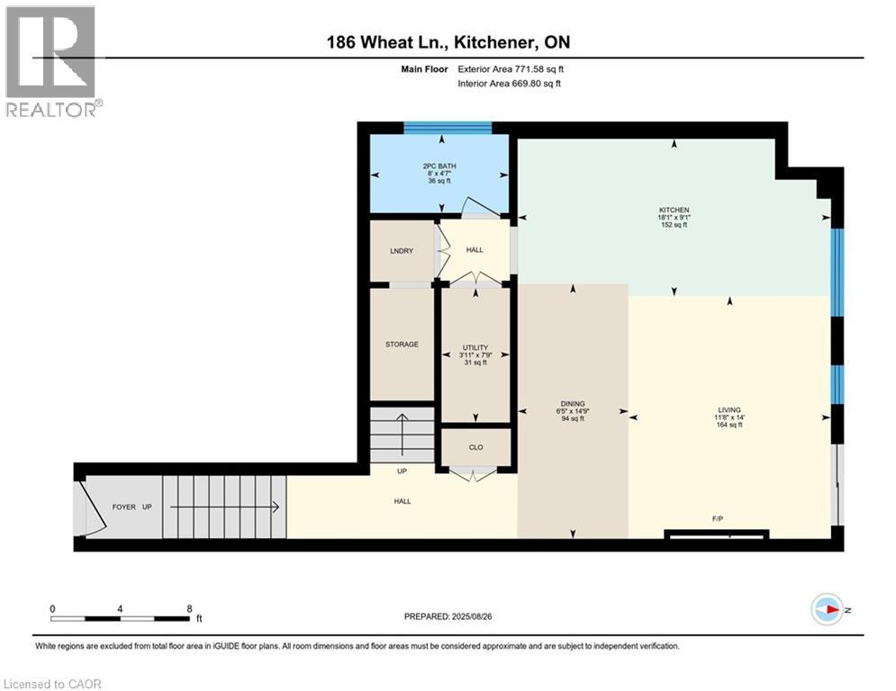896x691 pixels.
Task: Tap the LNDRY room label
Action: (401, 251)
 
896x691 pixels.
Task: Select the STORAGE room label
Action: (402, 344)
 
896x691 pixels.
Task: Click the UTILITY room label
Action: (475, 347)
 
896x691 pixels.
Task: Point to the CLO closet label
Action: (475, 445)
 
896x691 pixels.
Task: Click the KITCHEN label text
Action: (674, 210)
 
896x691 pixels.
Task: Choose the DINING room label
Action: (573, 404)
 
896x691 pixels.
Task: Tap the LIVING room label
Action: (729, 410)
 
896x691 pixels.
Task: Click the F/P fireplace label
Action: (717, 519)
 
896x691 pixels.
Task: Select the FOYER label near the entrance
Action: (122, 507)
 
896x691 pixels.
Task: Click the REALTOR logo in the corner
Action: (52, 61)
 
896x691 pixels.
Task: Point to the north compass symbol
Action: (827, 609)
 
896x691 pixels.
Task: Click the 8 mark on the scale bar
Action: (189, 608)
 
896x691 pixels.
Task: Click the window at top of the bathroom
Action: (447, 128)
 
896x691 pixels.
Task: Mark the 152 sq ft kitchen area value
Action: (674, 225)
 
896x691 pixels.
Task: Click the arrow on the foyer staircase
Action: (225, 507)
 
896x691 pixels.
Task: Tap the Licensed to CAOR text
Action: (52, 684)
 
